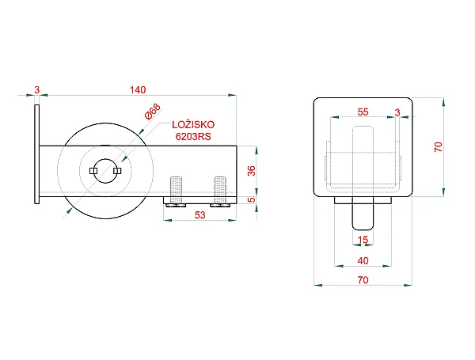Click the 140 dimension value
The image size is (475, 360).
(138, 90)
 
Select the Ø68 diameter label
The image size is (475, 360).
(153, 112)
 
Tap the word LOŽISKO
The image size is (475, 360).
(193, 125)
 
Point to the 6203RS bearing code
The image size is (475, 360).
(193, 137)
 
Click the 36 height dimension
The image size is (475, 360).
(252, 171)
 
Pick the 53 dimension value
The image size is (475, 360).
(200, 215)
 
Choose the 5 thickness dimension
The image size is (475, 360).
(252, 200)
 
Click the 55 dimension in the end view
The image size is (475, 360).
(363, 112)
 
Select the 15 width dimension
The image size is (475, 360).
(363, 240)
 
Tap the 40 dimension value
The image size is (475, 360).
(363, 260)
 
